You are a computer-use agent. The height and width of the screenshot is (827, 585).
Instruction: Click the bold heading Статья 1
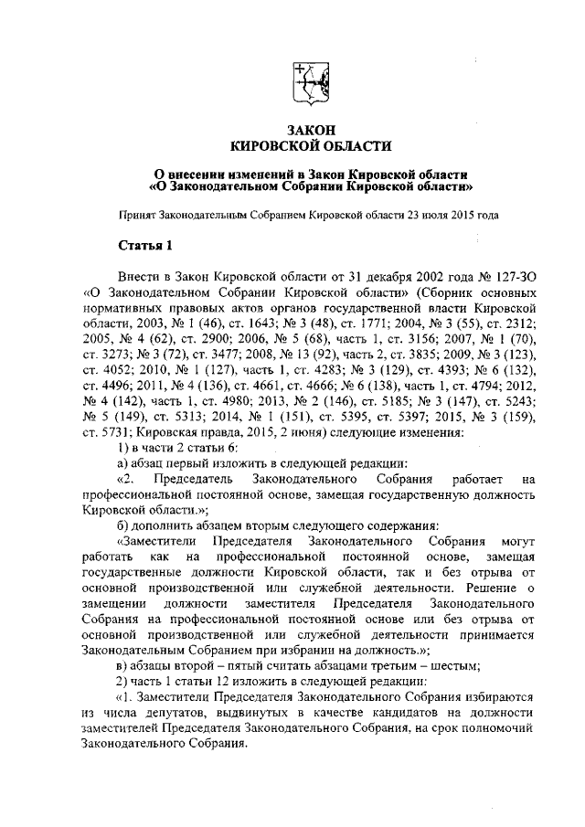pyautogui.click(x=144, y=246)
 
